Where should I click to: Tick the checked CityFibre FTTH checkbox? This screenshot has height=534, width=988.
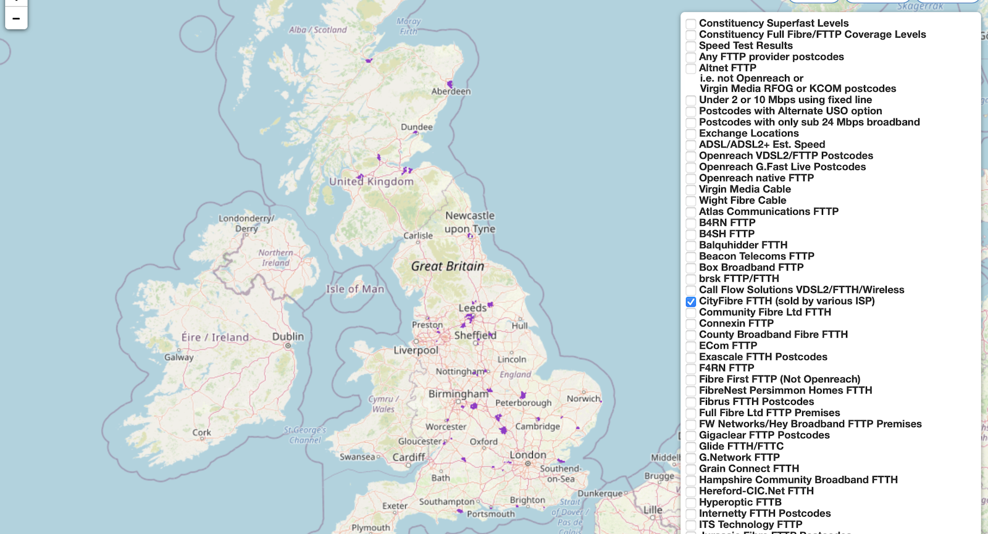(691, 302)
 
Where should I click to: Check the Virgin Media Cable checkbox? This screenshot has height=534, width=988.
(691, 190)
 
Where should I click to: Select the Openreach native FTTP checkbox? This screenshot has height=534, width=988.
(691, 179)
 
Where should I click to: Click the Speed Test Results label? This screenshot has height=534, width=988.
(745, 46)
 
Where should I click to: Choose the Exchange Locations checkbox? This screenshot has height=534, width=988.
(691, 134)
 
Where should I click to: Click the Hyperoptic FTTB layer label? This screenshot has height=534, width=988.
(740, 503)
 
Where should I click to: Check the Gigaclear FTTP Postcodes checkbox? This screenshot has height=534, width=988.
(691, 436)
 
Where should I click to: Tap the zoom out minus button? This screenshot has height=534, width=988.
(16, 19)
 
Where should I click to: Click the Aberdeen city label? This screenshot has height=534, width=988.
(451, 91)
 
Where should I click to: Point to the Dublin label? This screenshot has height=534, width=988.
(288, 336)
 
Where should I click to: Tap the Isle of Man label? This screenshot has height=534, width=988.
(355, 289)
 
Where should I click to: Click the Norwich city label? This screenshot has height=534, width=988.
(584, 399)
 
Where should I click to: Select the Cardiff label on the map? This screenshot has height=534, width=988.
(409, 457)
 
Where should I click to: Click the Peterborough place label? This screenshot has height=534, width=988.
(523, 403)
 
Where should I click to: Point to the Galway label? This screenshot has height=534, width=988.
(179, 357)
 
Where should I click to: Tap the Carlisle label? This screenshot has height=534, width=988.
(418, 236)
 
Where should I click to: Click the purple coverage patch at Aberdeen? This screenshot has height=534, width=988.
(450, 83)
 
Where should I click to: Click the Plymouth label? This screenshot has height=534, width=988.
(371, 528)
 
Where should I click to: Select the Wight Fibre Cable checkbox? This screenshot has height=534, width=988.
(691, 201)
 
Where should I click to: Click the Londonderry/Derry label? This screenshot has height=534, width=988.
(246, 223)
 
